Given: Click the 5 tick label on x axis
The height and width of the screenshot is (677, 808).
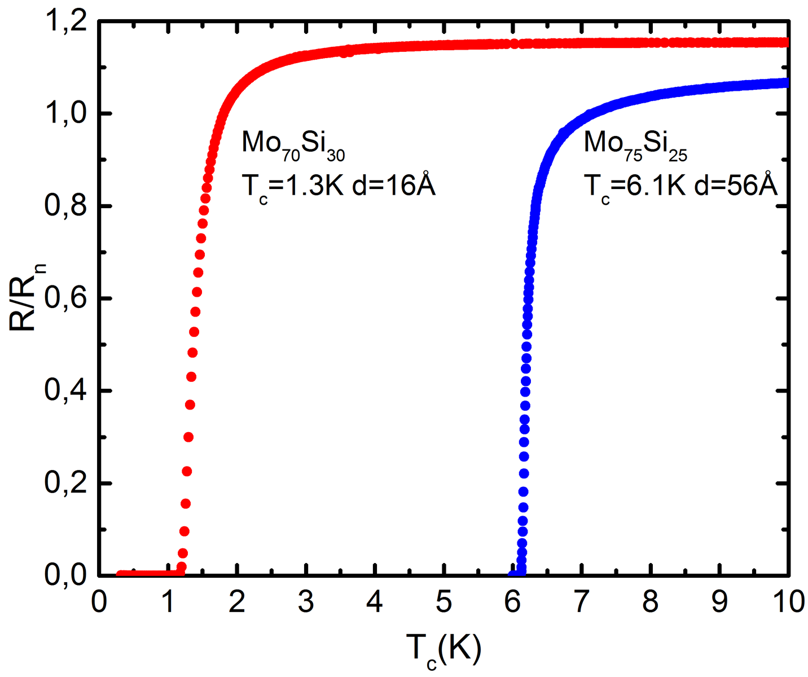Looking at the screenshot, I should click(x=443, y=603).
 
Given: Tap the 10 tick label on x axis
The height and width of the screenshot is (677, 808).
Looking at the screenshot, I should click(x=788, y=603).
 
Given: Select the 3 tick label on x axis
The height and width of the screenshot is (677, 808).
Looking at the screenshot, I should click(x=306, y=603).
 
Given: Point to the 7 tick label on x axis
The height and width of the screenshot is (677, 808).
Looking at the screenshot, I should click(x=581, y=603).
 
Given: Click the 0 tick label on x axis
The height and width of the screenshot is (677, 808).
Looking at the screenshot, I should click(x=99, y=603).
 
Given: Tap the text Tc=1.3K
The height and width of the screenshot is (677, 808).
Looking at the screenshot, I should click(x=292, y=186).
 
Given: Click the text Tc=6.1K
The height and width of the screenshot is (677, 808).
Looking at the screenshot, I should click(x=634, y=186).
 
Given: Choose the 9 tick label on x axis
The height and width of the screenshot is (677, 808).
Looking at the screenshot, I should click(x=719, y=603).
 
